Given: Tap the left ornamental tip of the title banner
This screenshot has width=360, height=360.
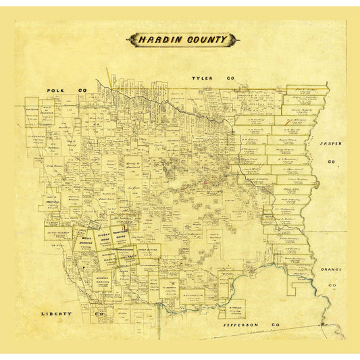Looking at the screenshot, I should (128, 40).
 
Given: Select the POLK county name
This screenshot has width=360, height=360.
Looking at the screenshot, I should (55, 90).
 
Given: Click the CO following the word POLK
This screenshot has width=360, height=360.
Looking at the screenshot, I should (83, 90).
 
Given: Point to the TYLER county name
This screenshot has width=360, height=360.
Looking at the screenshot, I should (202, 78).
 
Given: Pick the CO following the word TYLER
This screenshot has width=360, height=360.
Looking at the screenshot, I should (228, 78).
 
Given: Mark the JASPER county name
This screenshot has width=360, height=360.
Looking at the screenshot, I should (331, 145).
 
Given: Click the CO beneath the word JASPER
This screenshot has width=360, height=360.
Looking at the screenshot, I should (331, 162).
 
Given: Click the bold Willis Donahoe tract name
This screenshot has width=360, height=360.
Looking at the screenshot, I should (84, 241).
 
